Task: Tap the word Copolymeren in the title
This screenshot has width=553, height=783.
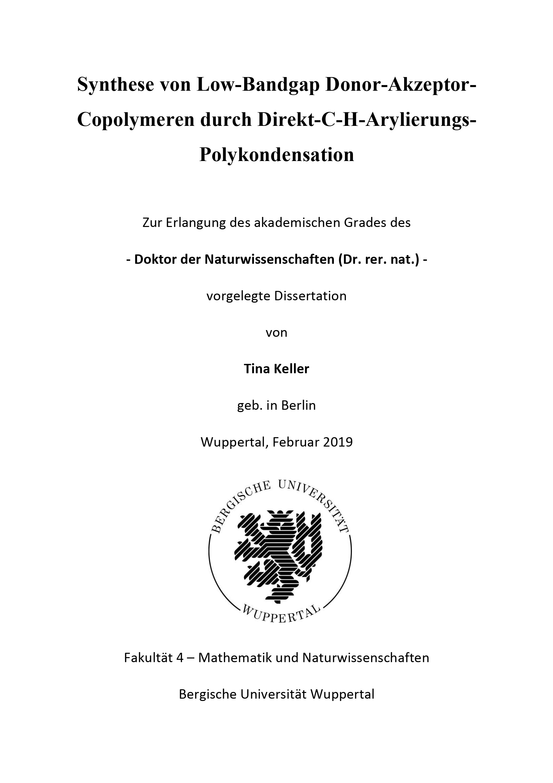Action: (135, 120)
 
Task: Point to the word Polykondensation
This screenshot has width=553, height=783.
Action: (277, 155)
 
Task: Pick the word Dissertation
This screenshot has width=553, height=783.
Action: (310, 296)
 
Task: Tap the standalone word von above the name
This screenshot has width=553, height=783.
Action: (276, 332)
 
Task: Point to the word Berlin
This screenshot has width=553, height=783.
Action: (298, 405)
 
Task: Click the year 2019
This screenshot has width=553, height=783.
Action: (338, 442)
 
